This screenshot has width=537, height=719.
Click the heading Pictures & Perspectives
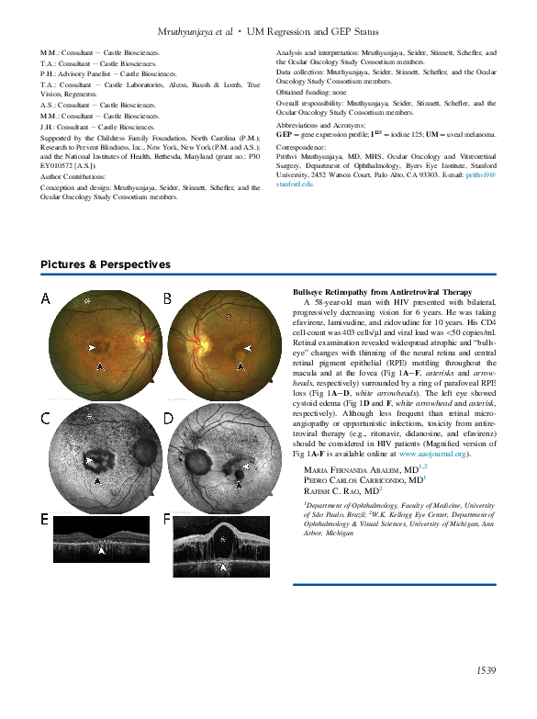106,264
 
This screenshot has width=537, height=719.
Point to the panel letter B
167,298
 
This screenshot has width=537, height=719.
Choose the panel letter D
168,419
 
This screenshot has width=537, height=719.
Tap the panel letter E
45,519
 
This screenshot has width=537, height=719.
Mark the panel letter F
167,519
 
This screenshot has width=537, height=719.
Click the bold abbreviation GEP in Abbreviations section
285,134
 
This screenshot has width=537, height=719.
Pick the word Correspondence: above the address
301,147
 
